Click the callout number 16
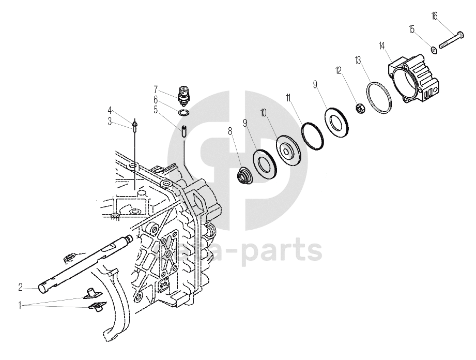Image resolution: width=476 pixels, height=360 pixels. point(435,16)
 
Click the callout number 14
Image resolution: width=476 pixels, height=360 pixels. point(381,46)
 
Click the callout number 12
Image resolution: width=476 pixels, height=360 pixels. point(339,69)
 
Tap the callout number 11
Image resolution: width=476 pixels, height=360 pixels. point(288,97)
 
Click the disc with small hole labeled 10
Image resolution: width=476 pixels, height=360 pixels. point(287,148)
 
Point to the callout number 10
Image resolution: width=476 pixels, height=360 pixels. point(264,112)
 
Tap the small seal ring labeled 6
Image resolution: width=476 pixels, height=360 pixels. point(183,112)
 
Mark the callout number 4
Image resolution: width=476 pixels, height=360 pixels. point(110,110)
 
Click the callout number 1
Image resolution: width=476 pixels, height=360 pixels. point(20,306)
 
